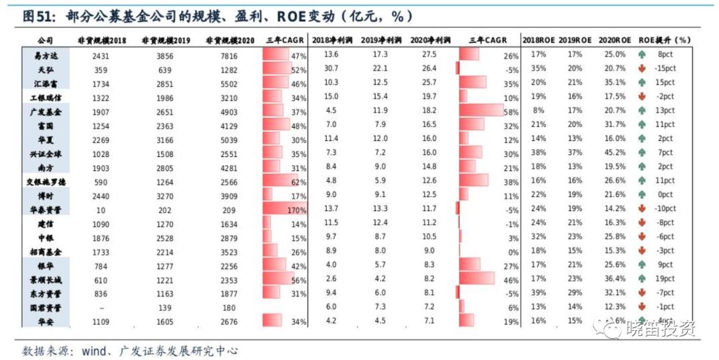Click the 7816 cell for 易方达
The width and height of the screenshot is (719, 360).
click(x=229, y=56)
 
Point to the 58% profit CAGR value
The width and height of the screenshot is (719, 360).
click(x=511, y=112)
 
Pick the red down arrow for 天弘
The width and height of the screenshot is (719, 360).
click(x=642, y=69)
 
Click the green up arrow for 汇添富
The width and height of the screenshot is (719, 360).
click(x=642, y=83)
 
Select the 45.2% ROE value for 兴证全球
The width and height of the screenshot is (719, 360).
click(x=612, y=153)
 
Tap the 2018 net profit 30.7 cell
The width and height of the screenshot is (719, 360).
click(x=331, y=69)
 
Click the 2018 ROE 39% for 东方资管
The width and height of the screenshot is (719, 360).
click(x=538, y=293)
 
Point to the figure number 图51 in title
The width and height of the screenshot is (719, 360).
click(x=37, y=15)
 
